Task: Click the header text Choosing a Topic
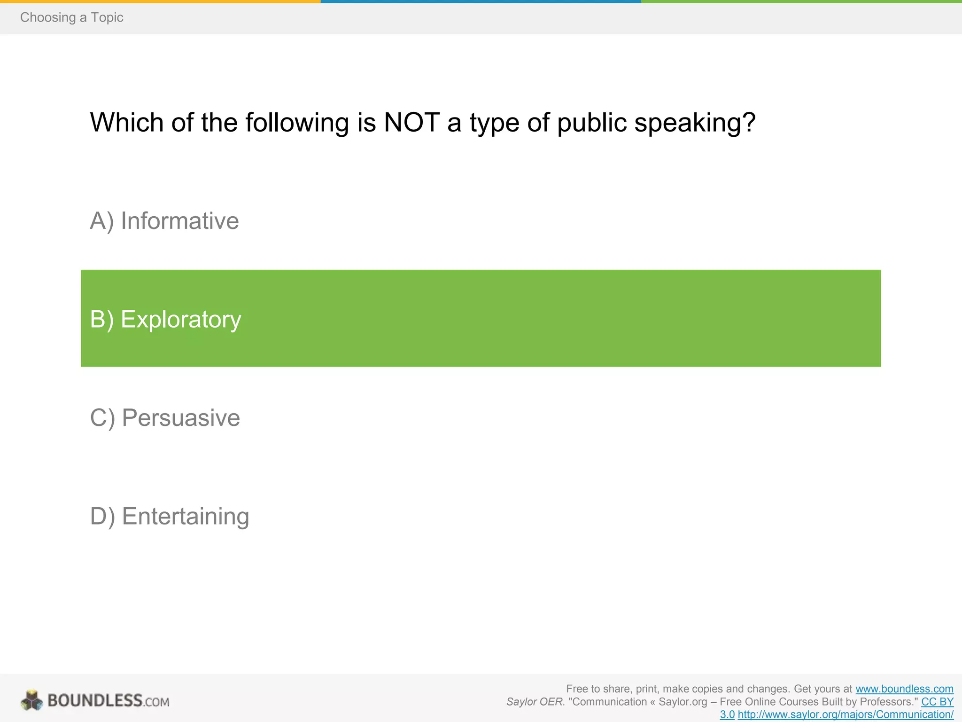pyautogui.click(x=71, y=17)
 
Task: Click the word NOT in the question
pyautogui.click(x=411, y=123)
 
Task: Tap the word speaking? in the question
pyautogui.click(x=695, y=123)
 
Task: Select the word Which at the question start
pyautogui.click(x=126, y=123)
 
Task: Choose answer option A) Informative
pyautogui.click(x=164, y=221)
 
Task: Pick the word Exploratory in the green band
pyautogui.click(x=181, y=320)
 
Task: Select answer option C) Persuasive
pyautogui.click(x=165, y=418)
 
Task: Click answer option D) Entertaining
pyautogui.click(x=169, y=516)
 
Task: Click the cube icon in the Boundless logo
pyautogui.click(x=32, y=700)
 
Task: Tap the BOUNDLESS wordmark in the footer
pyautogui.click(x=95, y=701)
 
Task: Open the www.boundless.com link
pyautogui.click(x=904, y=689)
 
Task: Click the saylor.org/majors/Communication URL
pyautogui.click(x=846, y=714)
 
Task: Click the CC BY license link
pyautogui.click(x=937, y=702)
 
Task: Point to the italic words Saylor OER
pyautogui.click(x=535, y=702)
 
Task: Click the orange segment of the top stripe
pyautogui.click(x=160, y=1)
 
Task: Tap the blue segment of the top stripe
pyautogui.click(x=481, y=1)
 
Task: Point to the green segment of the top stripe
pyautogui.click(x=801, y=1)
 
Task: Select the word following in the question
pyautogui.click(x=297, y=123)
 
